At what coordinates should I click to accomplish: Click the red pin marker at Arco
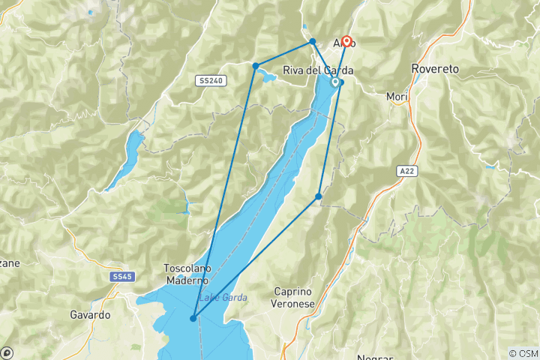point(346,42)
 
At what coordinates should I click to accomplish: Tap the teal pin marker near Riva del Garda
point(334,83)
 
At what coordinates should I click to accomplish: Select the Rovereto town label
point(436,68)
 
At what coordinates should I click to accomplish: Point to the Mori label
point(395,96)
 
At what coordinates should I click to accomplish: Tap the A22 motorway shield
point(405,171)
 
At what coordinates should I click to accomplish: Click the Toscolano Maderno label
point(187,274)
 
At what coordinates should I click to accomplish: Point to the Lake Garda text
point(222,298)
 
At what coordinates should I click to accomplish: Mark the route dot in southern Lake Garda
point(193,318)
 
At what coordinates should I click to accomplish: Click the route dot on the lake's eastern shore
point(319,196)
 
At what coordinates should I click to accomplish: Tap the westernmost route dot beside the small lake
point(256,65)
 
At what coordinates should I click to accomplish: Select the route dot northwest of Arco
point(313,41)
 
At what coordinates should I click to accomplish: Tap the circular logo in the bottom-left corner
point(7,352)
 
